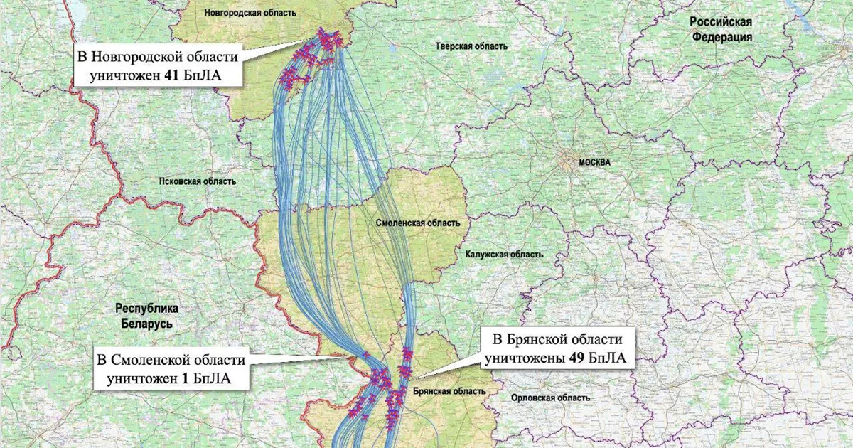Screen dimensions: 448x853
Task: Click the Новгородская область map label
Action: click(250, 13)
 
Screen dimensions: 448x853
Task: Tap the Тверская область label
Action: click(471, 46)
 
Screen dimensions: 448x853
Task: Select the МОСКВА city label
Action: click(594, 162)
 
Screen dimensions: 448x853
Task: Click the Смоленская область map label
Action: click(417, 223)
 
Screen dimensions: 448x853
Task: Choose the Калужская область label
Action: click(505, 254)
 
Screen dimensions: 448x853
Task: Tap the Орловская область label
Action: click(550, 398)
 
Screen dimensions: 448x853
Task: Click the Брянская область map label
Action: click(449, 391)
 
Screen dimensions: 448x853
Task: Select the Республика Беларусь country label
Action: click(147, 316)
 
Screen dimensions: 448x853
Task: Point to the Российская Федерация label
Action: click(721, 30)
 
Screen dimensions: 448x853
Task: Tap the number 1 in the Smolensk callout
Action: click(185, 379)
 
